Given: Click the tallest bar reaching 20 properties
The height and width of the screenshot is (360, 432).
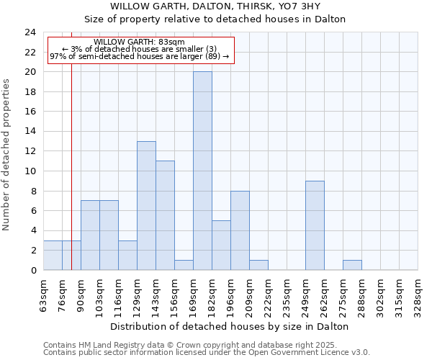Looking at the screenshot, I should click(202, 171).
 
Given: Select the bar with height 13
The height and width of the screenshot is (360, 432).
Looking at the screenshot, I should click(146, 205).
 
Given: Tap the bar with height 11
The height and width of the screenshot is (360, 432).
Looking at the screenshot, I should click(165, 215).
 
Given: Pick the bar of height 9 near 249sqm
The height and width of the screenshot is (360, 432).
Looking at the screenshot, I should click(315, 225).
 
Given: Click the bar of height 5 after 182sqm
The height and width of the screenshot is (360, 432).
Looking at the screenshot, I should click(221, 245).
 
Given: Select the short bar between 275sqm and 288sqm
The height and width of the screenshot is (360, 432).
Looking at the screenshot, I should click(352, 265).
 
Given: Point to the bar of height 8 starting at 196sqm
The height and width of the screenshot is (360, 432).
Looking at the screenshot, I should click(240, 230).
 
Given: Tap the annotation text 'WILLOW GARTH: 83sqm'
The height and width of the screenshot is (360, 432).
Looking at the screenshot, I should click(139, 42).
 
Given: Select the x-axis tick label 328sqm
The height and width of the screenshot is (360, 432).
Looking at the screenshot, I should click(418, 294).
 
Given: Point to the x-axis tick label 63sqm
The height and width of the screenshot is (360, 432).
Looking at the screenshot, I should click(43, 294).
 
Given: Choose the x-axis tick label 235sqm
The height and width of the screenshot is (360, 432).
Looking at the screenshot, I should click(287, 294).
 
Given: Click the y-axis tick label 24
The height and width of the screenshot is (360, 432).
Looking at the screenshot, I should click(30, 32).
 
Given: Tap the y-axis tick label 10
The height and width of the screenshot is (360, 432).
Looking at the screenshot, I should click(30, 171).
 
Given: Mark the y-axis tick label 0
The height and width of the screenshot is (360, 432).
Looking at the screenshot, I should click(32, 270).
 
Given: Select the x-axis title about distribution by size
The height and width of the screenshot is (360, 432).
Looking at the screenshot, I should click(230, 326).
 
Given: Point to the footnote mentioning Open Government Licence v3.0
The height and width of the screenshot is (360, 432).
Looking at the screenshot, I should click(207, 353).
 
